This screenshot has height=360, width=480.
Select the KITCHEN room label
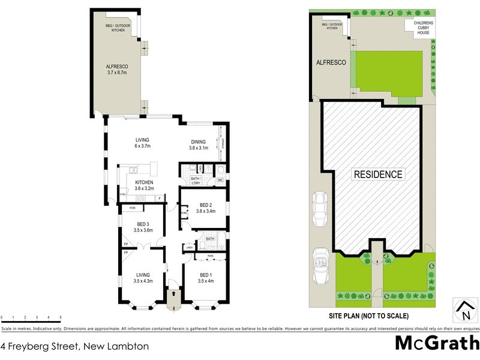pos(143,182)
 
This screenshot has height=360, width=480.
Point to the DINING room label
pos(198,142)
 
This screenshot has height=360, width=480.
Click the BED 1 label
pos(206,275)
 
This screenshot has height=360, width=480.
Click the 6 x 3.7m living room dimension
pos(142,146)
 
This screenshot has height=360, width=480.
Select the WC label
pos(220,179)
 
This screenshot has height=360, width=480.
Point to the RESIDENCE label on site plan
pos(377,175)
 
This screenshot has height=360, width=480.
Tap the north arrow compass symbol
pos(464,310)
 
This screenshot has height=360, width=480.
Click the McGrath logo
pos(437,343)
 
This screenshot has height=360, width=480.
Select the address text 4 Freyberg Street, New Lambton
pos(75,346)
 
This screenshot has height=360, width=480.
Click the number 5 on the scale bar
pos(60,317)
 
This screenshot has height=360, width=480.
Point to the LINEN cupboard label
pos(190,247)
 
